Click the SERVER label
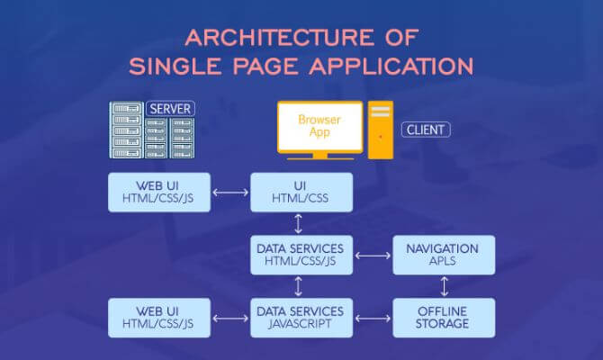170,109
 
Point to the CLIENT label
426,130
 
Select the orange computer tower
381,130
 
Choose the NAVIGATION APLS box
442,255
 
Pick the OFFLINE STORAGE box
442,317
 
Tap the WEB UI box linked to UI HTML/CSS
159,192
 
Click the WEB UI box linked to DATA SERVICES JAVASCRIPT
159,317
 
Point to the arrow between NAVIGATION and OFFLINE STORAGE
442,286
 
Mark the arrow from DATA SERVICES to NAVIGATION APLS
371,256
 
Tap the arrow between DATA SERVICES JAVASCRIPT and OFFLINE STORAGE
371,318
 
